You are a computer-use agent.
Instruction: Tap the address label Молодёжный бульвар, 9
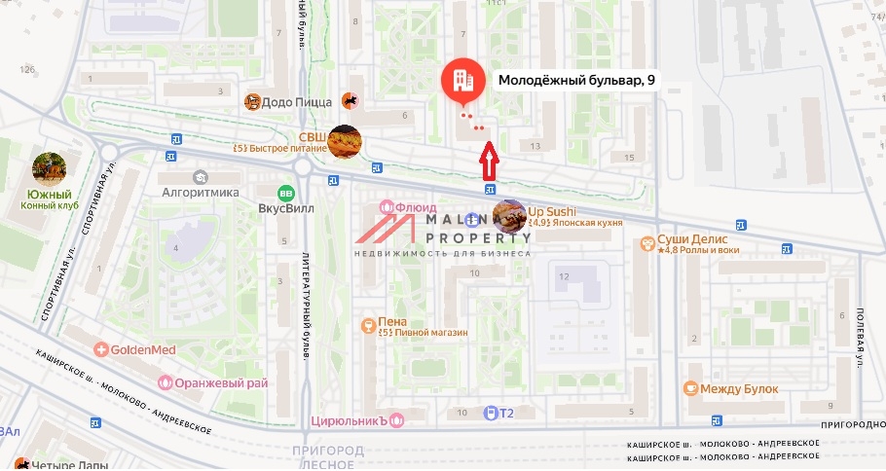(576, 82)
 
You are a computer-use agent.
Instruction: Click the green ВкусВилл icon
(285, 193)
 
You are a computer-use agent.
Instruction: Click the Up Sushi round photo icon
(509, 216)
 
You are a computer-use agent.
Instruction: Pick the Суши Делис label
(692, 238)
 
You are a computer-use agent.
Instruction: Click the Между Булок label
(739, 389)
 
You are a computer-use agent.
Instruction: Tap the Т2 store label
(506, 413)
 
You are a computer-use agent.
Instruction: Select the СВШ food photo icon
(344, 142)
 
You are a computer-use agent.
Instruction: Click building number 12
(563, 276)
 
